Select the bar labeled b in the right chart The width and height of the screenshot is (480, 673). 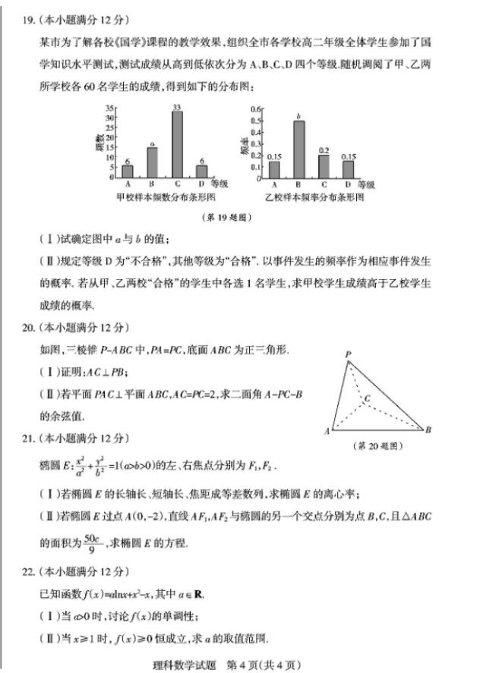click(299, 149)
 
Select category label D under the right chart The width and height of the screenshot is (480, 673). click(348, 184)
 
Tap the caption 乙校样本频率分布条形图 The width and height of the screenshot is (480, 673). click(315, 197)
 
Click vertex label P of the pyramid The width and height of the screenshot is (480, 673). click(347, 354)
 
